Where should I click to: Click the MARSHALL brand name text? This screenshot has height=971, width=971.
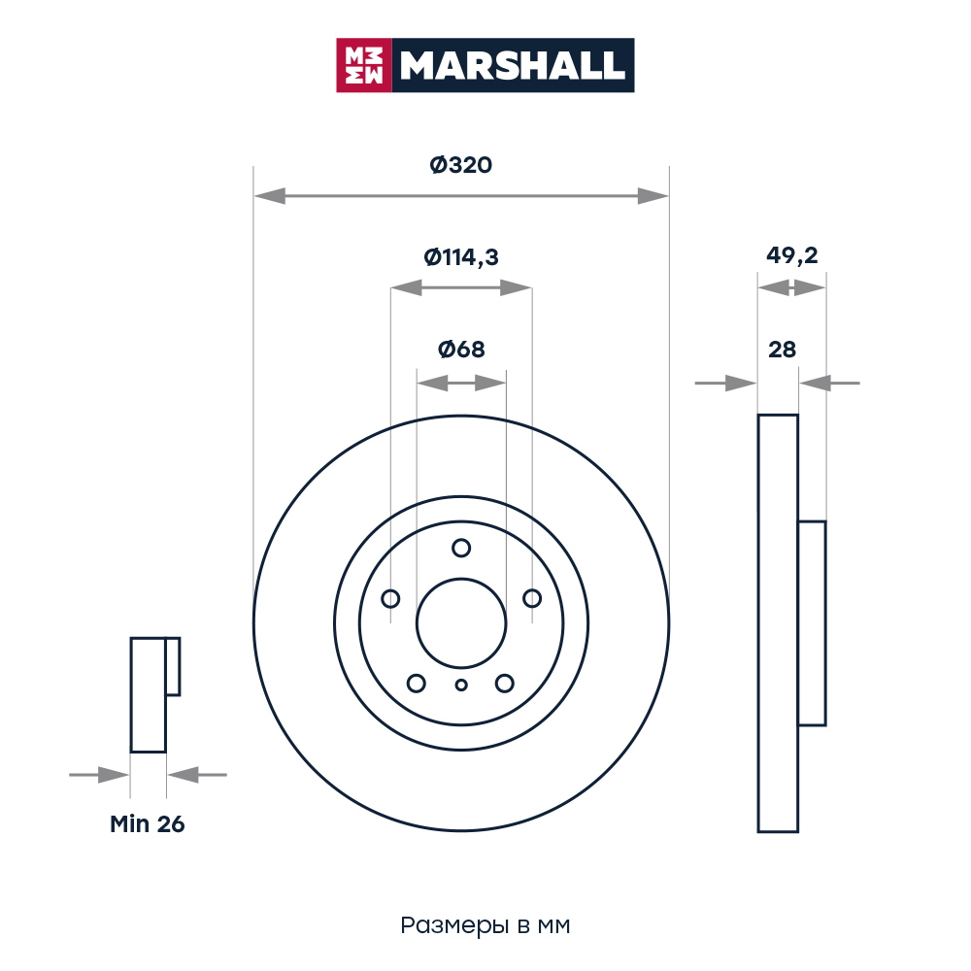(x=512, y=66)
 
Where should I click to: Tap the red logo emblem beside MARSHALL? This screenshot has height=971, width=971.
(x=364, y=65)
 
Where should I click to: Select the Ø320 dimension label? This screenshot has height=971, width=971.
(x=460, y=165)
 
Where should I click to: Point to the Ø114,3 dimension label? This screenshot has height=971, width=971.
(x=460, y=257)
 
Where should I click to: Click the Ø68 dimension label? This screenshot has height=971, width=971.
(x=461, y=350)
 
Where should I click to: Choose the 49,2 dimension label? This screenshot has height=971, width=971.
(x=792, y=255)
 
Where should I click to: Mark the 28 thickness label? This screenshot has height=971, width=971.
(x=782, y=350)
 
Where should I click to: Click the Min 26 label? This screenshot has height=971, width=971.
(x=148, y=824)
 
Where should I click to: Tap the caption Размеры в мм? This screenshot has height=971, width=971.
(x=485, y=925)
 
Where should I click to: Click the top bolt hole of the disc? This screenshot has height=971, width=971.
(x=461, y=548)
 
